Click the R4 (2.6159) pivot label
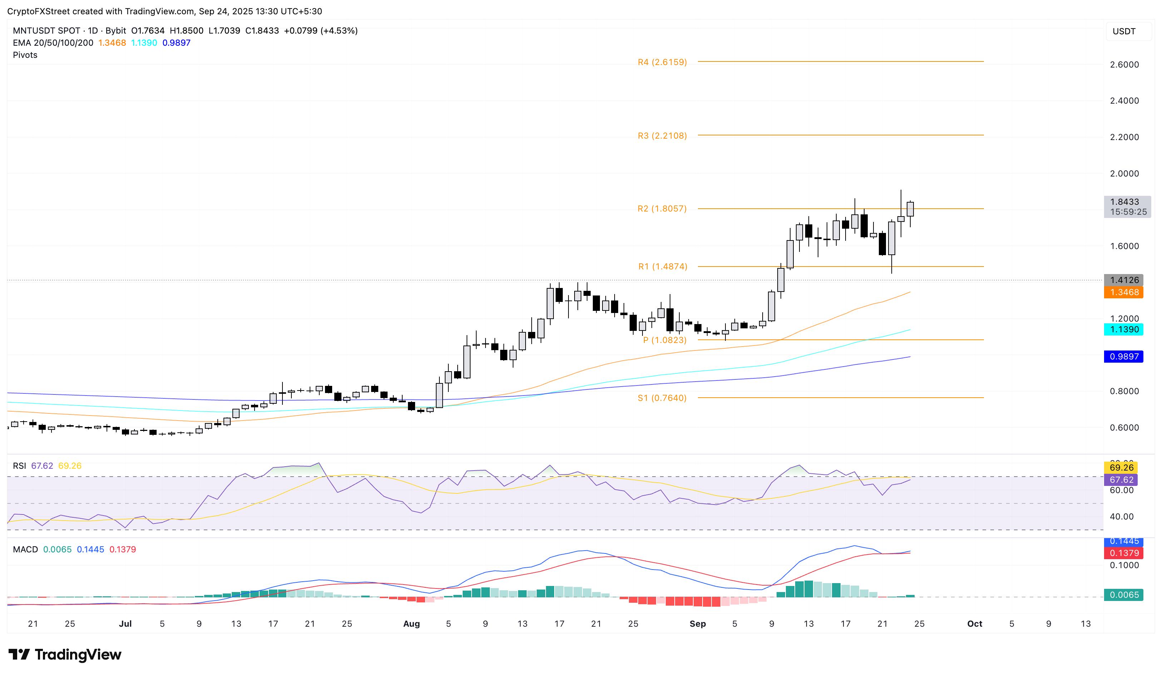pos(662,62)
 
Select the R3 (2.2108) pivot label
pos(662,136)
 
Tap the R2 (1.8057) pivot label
pos(662,209)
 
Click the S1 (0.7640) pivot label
pos(662,398)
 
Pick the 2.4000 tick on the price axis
pos(1124,100)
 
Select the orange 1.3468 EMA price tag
pos(1124,292)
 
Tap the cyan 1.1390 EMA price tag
pos(1124,329)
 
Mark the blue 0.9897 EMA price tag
pos(1124,357)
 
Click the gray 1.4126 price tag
pos(1124,280)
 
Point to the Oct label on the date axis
pos(975,624)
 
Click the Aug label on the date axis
pos(411,624)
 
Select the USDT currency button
pos(1124,31)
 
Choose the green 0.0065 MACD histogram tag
pos(1124,595)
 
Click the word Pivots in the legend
pos(25,55)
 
